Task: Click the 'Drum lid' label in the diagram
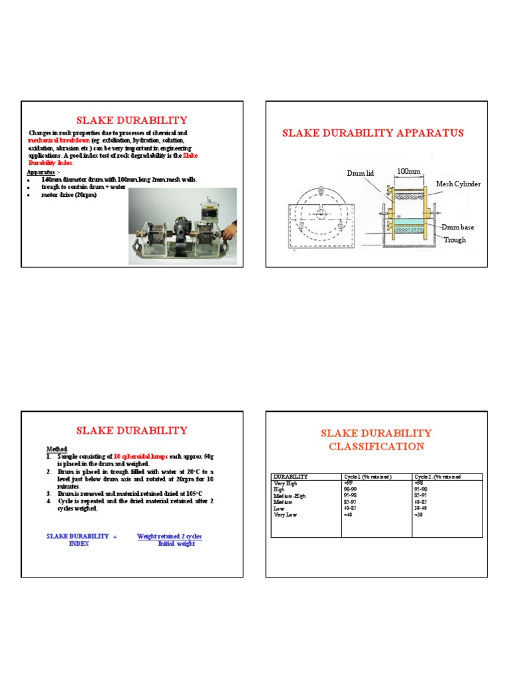tap(361, 173)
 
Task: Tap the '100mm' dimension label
tap(409, 171)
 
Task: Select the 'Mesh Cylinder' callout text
tap(458, 184)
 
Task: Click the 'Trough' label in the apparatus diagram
tap(455, 239)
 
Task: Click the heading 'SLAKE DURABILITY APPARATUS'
tap(373, 133)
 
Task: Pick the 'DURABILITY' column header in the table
tap(291, 477)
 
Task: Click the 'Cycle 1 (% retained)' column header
tap(368, 477)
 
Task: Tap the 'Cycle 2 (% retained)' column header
tap(437, 477)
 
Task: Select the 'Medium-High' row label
tap(291, 495)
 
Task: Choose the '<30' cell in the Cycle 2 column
tap(418, 514)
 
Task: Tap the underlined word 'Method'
tap(57, 449)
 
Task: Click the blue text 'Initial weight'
tap(176, 544)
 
